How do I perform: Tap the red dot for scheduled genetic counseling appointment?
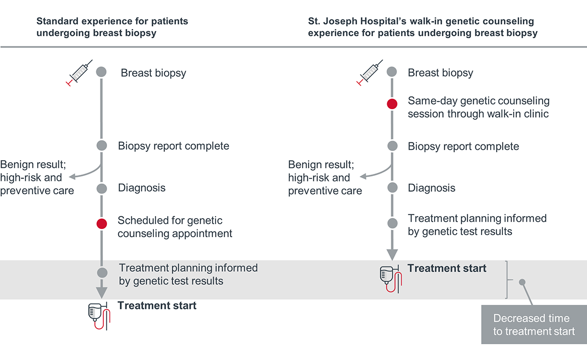tap(101, 223)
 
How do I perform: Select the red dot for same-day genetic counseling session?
tap(392, 104)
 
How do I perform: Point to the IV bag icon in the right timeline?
tap(388, 279)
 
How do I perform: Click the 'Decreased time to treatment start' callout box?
tap(533, 324)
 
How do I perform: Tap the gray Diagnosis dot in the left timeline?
tap(101, 189)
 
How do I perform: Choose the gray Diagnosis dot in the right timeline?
tap(392, 188)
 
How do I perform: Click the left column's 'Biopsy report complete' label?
tap(173, 146)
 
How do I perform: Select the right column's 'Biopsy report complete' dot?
tap(392, 146)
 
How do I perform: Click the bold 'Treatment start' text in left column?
tap(157, 305)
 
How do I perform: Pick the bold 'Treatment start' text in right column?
tap(447, 268)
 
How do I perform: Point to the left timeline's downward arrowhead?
tap(101, 292)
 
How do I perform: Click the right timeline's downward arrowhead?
tap(392, 254)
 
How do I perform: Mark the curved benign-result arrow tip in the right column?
tap(360, 177)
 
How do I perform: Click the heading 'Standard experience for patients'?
tap(112, 21)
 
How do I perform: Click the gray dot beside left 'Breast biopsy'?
tap(101, 72)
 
